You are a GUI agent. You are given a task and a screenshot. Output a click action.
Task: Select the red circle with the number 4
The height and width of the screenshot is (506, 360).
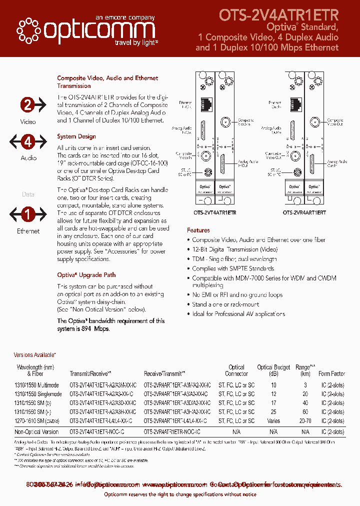tap(28, 141)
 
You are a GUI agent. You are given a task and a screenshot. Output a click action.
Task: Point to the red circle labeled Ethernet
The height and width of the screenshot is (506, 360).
tap(28, 214)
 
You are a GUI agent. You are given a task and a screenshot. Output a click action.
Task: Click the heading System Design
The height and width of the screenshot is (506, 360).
tap(76, 136)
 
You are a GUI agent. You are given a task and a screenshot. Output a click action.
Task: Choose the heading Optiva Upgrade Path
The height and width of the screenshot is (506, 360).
tap(86, 275)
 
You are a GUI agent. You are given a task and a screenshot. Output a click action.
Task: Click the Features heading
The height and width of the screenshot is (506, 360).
tap(198, 230)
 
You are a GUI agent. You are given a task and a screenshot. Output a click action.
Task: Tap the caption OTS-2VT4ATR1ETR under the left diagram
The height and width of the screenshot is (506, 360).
tap(215, 212)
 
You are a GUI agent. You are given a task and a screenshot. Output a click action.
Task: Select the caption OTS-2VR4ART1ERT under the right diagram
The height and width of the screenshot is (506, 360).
tap(304, 212)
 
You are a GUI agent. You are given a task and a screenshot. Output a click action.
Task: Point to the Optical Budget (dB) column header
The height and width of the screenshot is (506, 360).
tap(273, 370)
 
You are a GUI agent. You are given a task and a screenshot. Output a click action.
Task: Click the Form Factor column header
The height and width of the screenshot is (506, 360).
tap(331, 373)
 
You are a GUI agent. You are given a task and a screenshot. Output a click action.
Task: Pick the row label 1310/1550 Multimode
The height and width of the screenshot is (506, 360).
tap(36, 385)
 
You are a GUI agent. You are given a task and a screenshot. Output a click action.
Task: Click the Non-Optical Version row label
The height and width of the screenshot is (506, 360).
tap(36, 432)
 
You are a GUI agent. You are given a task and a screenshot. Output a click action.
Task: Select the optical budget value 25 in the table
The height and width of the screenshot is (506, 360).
tap(273, 411)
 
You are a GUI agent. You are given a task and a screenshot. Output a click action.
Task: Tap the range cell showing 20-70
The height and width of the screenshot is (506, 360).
tap(305, 421)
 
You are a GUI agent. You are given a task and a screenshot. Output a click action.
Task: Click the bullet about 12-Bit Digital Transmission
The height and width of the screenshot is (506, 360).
tap(234, 249)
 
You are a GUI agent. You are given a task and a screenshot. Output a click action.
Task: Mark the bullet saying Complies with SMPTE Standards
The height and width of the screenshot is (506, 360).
tap(233, 268)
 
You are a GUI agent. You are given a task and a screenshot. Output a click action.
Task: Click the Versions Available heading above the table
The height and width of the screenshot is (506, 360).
tap(35, 354)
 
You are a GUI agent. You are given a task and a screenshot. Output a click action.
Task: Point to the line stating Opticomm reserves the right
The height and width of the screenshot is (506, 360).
tap(180, 494)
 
